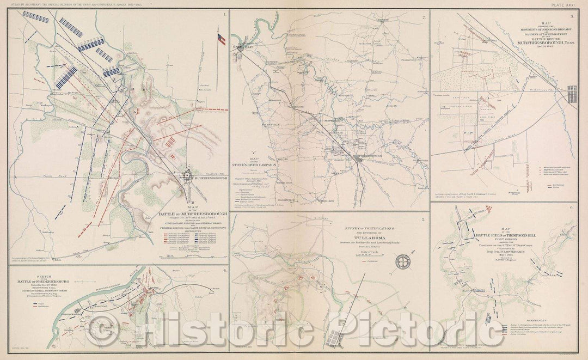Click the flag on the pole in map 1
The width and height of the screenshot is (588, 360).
[x=220, y=39]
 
